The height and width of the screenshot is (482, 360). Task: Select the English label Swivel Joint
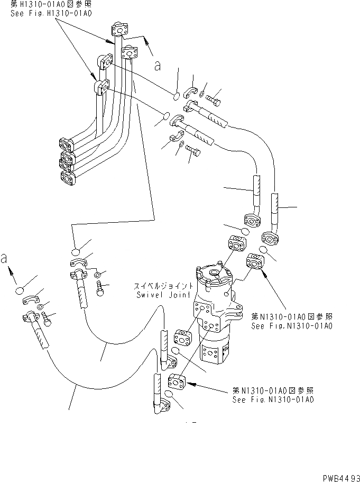[x=158, y=295]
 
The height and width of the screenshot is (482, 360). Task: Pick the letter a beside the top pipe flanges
[x=156, y=65]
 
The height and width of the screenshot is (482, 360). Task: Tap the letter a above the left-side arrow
[x=5, y=258]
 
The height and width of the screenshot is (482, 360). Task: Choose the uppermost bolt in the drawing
[x=214, y=98]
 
